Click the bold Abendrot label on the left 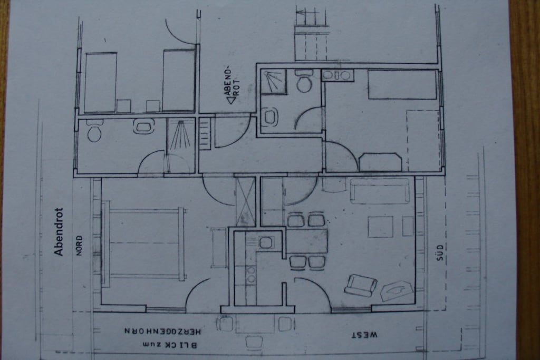[x=59, y=231]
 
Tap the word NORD [x=79, y=246]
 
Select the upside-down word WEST [x=364, y=335]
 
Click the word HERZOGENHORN [x=162, y=331]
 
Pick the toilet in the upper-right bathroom [x=304, y=81]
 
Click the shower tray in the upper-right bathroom [x=274, y=82]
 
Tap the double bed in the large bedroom [x=143, y=244]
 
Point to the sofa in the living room [x=380, y=190]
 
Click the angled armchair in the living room [x=360, y=285]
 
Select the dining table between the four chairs [x=307, y=241]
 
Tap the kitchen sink [x=266, y=242]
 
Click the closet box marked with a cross [x=245, y=201]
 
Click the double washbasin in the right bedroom [x=337, y=75]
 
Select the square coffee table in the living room [x=380, y=227]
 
